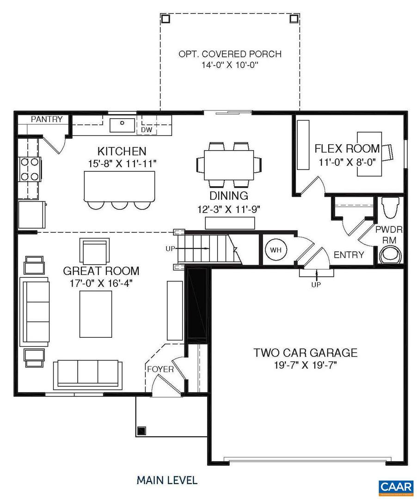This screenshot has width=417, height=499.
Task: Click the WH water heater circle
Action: [x=276, y=249]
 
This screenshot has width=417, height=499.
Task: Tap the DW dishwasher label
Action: [x=147, y=130]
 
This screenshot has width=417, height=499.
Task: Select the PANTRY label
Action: [x=47, y=119]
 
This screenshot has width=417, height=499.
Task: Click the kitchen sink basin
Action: [x=122, y=124]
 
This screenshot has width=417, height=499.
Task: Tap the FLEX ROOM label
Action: [x=347, y=149]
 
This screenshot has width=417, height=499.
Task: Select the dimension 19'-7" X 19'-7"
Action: [x=305, y=365]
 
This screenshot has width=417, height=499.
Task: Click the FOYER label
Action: [x=160, y=369]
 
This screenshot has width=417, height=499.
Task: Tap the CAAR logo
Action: [x=396, y=487]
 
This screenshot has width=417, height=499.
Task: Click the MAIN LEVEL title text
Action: [x=167, y=480]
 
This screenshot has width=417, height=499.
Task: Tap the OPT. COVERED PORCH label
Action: [x=230, y=54]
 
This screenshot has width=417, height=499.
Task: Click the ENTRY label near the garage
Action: [x=349, y=255]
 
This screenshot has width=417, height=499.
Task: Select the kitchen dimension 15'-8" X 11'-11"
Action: [x=122, y=163]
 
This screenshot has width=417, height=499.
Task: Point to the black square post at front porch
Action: [x=141, y=431]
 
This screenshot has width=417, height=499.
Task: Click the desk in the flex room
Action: [x=369, y=154]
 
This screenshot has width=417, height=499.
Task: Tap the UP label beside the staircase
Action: [x=171, y=249]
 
